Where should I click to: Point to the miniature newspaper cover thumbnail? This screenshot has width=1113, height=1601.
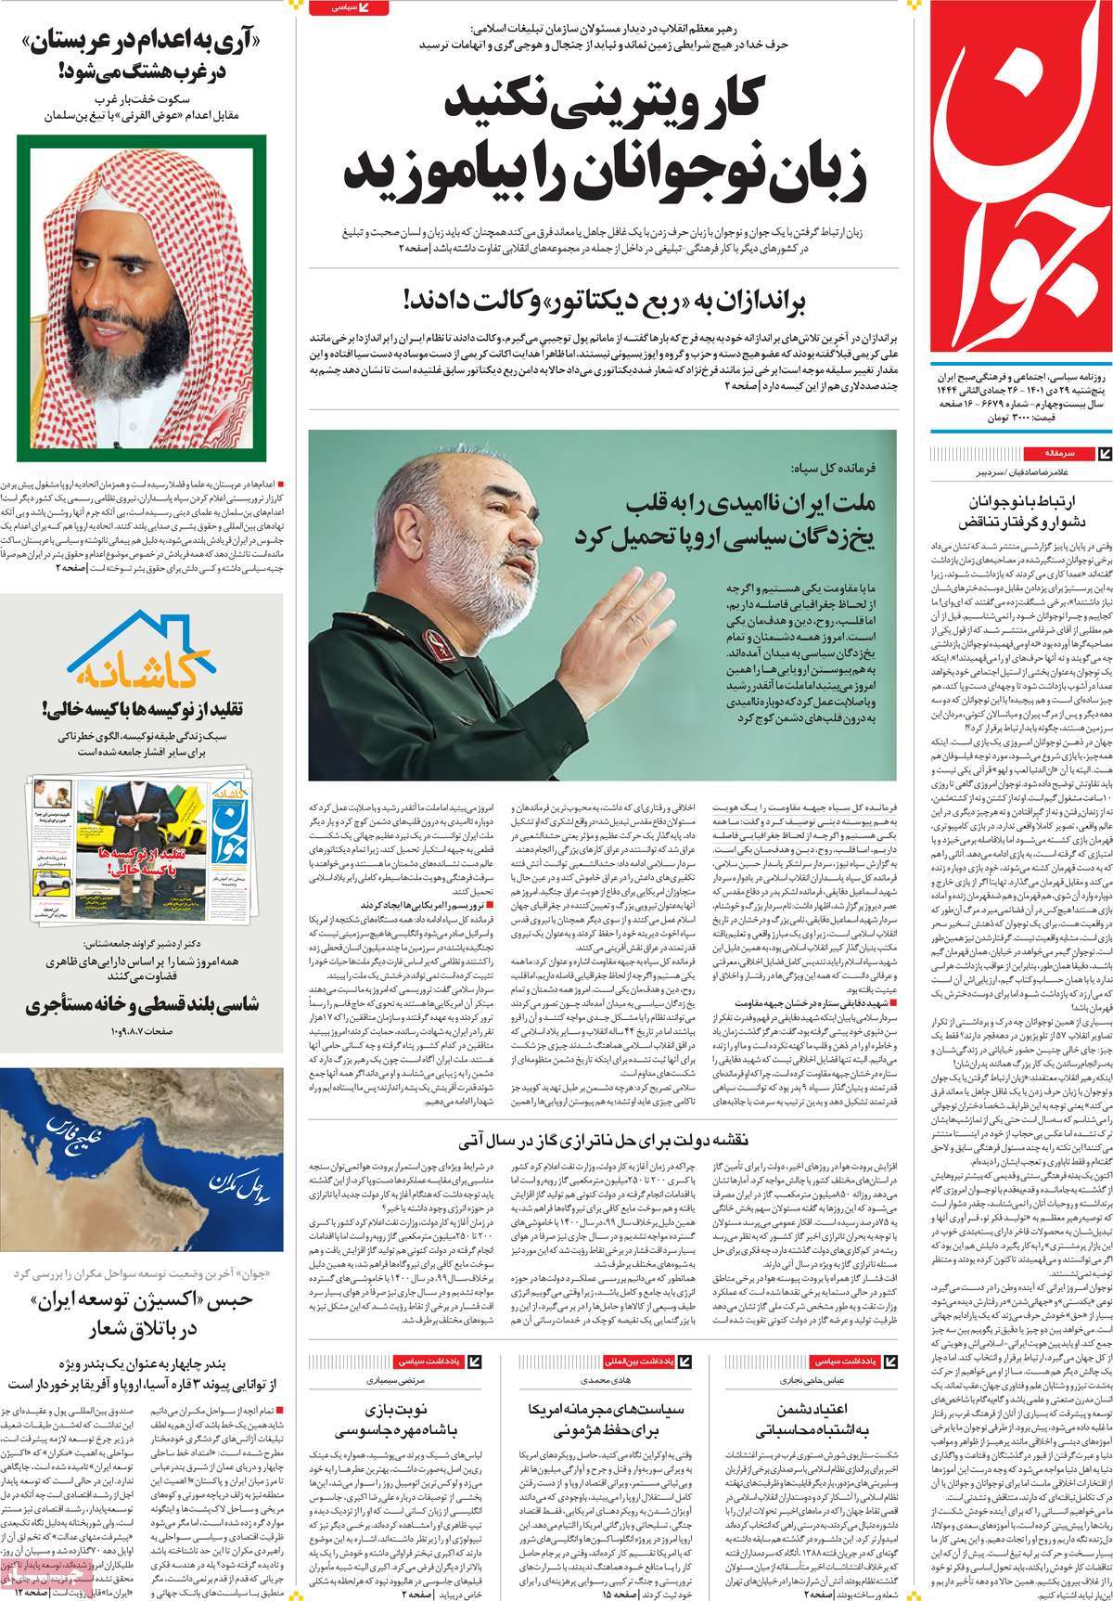(138, 832)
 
